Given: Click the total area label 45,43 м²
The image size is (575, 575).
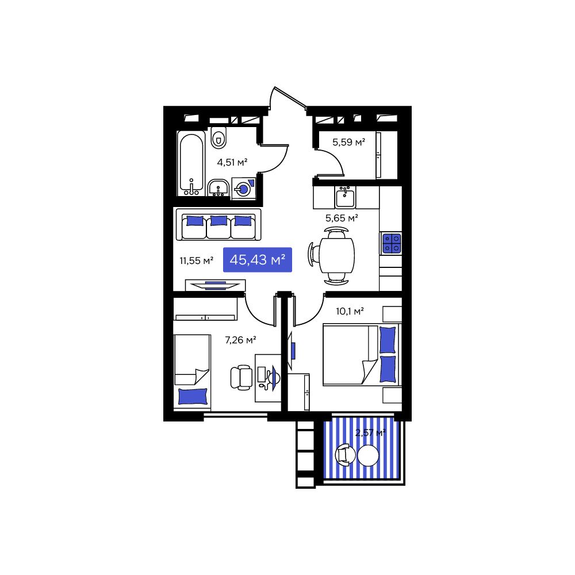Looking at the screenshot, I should click(x=258, y=260).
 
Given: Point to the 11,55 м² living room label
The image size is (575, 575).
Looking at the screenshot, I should click(x=196, y=260).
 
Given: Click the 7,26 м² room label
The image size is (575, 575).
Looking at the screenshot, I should click(x=240, y=340).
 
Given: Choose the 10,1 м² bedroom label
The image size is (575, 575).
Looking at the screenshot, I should click(x=350, y=311).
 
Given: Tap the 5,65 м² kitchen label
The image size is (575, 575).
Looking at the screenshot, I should click(x=342, y=217).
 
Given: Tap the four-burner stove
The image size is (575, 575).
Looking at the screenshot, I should click(x=391, y=243).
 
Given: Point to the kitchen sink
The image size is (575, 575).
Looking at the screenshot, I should click(x=345, y=197).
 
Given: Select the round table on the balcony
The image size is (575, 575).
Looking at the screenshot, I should click(x=368, y=456).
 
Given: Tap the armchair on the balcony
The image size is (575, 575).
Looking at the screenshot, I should click(x=345, y=455).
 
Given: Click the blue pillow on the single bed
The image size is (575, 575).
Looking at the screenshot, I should click(x=193, y=396).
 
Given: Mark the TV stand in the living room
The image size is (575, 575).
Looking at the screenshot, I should click(x=215, y=285).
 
